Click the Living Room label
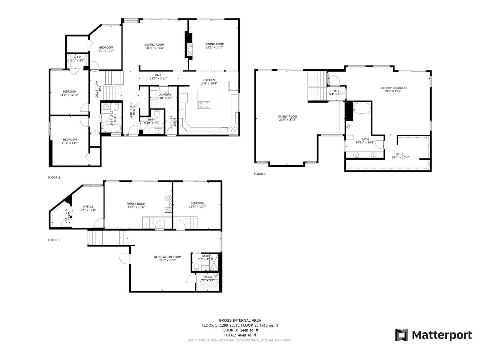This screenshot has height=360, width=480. click(154, 45)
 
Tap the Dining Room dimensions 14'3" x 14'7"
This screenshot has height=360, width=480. click(214, 47)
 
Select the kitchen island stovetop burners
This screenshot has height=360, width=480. click(204, 105)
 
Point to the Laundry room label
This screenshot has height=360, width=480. click(165, 94)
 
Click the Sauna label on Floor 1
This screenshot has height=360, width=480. click(207, 277)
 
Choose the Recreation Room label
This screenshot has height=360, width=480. click(168, 257)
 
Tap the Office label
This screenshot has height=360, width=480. click(88, 207)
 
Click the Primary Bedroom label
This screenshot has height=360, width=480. click(393, 88)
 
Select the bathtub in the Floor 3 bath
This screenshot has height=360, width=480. click(362, 108)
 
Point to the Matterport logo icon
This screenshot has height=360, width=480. click(402, 334)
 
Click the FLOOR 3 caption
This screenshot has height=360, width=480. click(260, 174)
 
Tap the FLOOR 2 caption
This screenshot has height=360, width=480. click(54, 178)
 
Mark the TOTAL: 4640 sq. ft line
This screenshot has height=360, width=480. click(240, 335)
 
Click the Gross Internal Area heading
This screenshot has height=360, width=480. click(240, 320)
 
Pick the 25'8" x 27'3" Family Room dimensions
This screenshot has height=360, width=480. click(288, 120)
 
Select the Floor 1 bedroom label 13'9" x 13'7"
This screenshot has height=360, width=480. click(197, 207)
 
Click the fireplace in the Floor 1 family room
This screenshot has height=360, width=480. click(168, 203)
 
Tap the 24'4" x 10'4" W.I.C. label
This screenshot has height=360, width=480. click(400, 157)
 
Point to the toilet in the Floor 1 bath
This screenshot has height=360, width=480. click(196, 266)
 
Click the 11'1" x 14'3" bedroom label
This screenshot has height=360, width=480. click(70, 143)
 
